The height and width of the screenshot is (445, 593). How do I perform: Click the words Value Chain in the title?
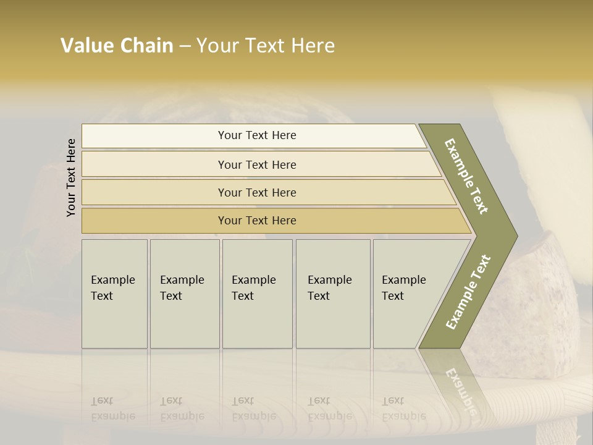(x=117, y=46)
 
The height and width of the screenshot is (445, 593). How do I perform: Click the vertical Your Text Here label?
(x=71, y=177)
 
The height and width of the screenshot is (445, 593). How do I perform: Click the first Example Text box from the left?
(x=114, y=294)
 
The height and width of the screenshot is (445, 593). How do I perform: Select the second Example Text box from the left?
(x=185, y=294)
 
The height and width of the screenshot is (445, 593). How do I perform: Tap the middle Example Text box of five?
(x=257, y=294)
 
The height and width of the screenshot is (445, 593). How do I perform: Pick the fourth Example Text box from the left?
(x=333, y=294)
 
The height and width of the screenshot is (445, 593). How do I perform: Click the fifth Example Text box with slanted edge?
(x=405, y=294)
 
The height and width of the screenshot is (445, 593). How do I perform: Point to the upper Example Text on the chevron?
(x=466, y=176)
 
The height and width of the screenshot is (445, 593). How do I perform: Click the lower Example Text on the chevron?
(x=468, y=292)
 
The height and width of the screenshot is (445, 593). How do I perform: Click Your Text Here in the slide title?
(x=266, y=46)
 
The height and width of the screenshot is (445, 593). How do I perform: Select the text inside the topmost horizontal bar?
(x=257, y=135)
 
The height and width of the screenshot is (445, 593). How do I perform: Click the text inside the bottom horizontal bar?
(x=257, y=221)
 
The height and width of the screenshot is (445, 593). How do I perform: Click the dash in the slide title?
(x=185, y=46)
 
